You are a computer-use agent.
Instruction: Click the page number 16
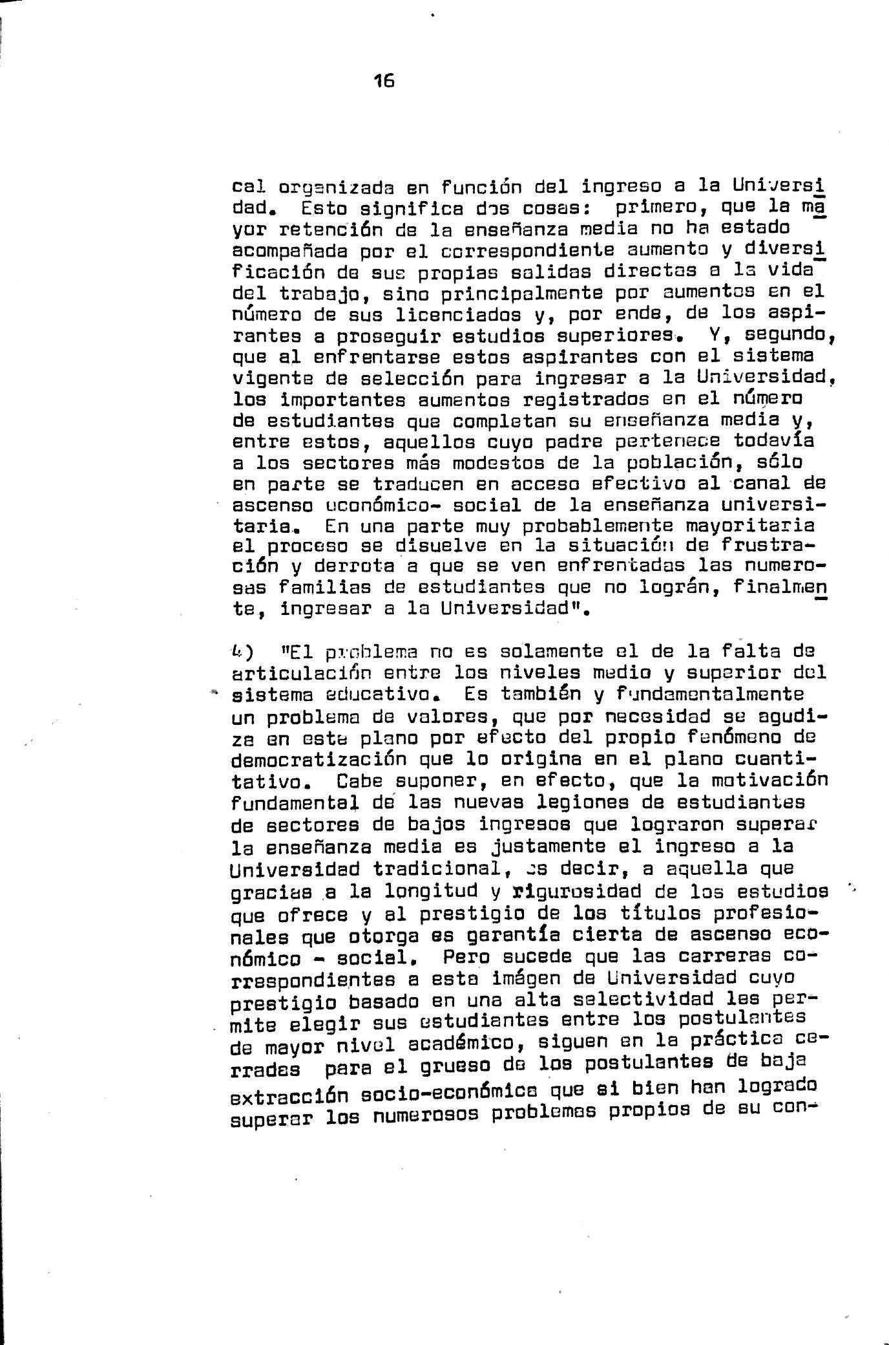point(384,81)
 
